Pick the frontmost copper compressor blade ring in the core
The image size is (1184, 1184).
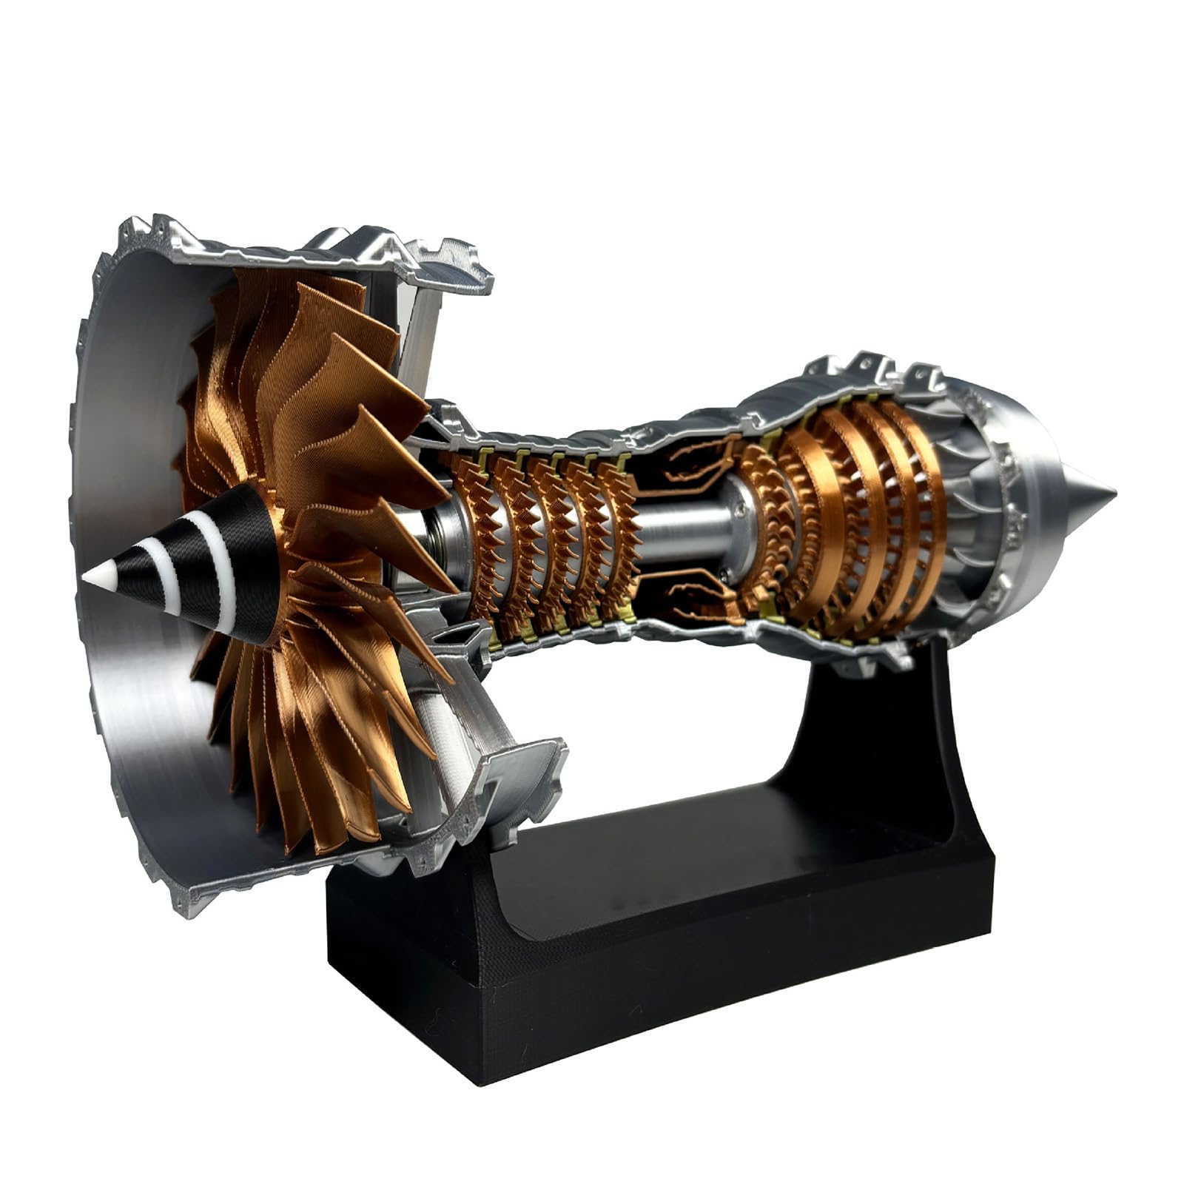[x=474, y=533]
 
